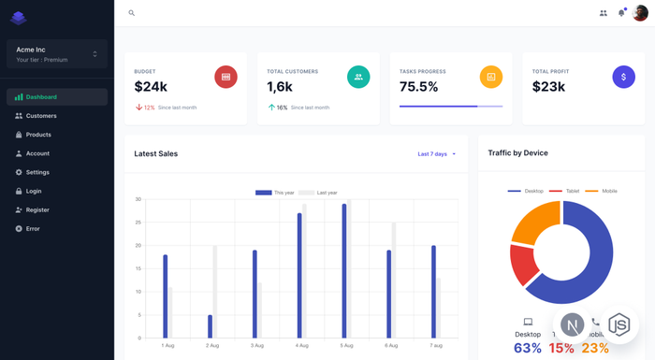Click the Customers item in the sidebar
[x=41, y=116]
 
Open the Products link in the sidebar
[x=38, y=135]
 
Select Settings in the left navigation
[x=37, y=172]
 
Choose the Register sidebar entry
[x=37, y=209]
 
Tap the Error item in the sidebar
[x=33, y=228]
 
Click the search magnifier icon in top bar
[x=132, y=13]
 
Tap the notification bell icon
[x=621, y=13]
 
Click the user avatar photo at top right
[x=640, y=13]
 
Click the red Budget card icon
[x=226, y=77]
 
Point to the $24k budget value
[x=151, y=87]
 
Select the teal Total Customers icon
[x=358, y=77]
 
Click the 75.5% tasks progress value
[x=418, y=87]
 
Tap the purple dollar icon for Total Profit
[x=624, y=77]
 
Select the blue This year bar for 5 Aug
[x=344, y=270]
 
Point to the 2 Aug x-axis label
[x=212, y=346]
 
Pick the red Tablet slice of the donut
[x=524, y=265]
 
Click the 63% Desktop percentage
[x=528, y=349]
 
